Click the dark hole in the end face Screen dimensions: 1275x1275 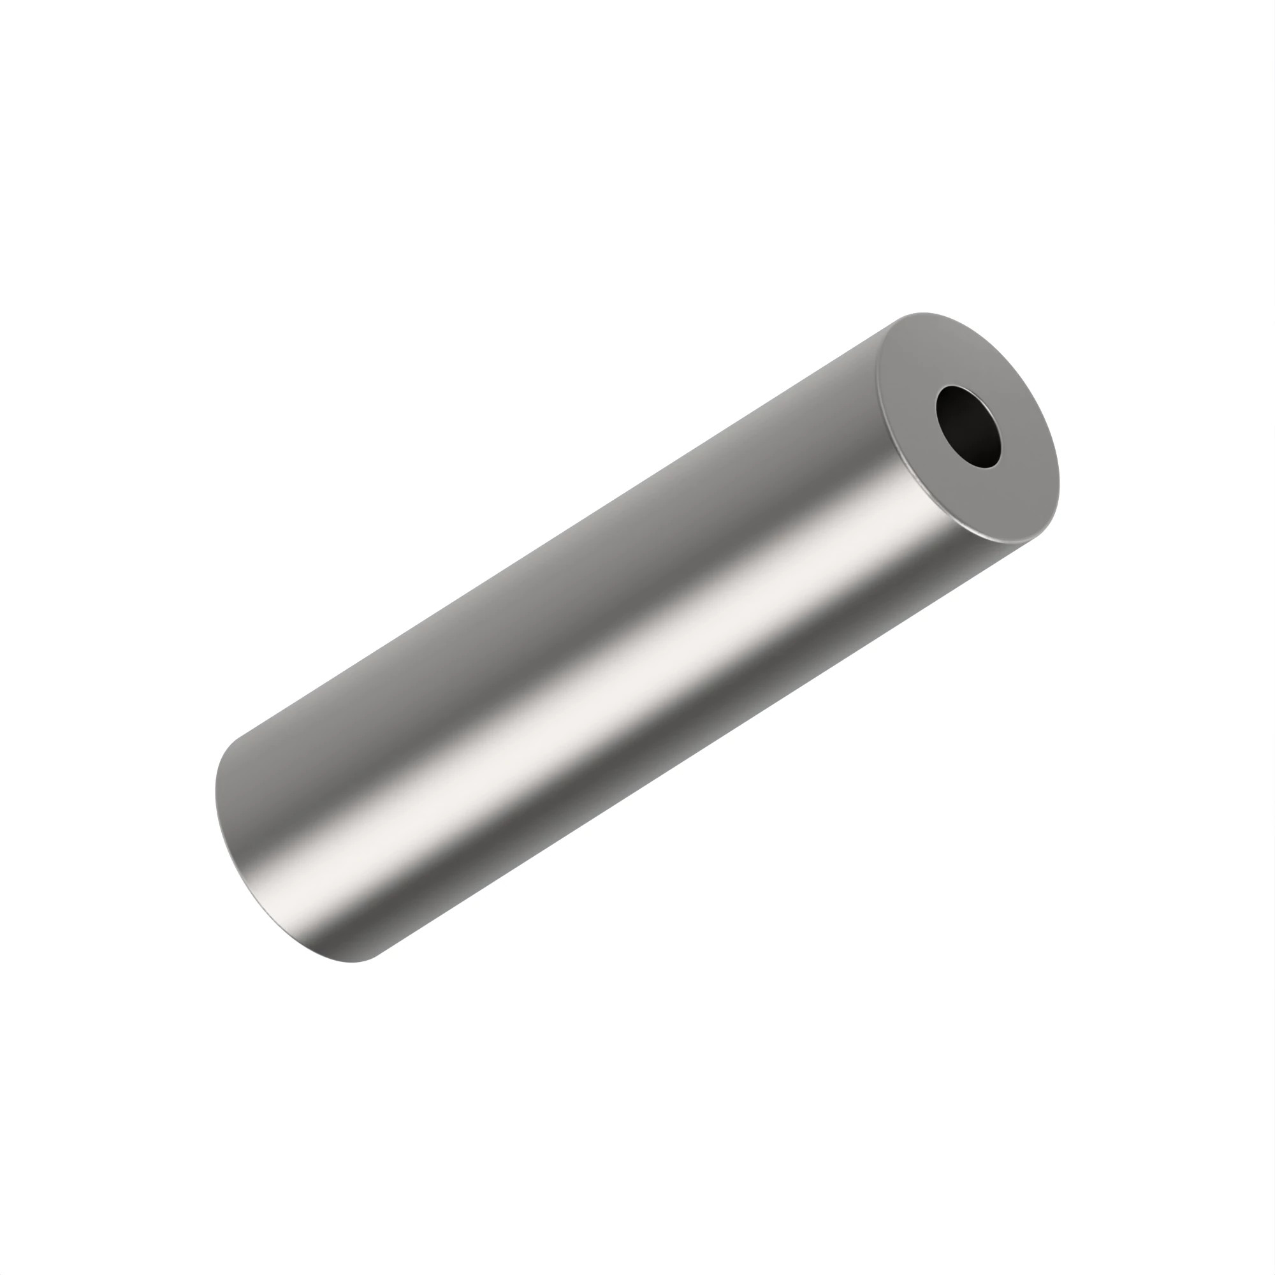click(968, 426)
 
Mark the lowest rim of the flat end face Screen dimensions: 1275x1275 click(1010, 543)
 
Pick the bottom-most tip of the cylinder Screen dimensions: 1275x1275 click(353, 962)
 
